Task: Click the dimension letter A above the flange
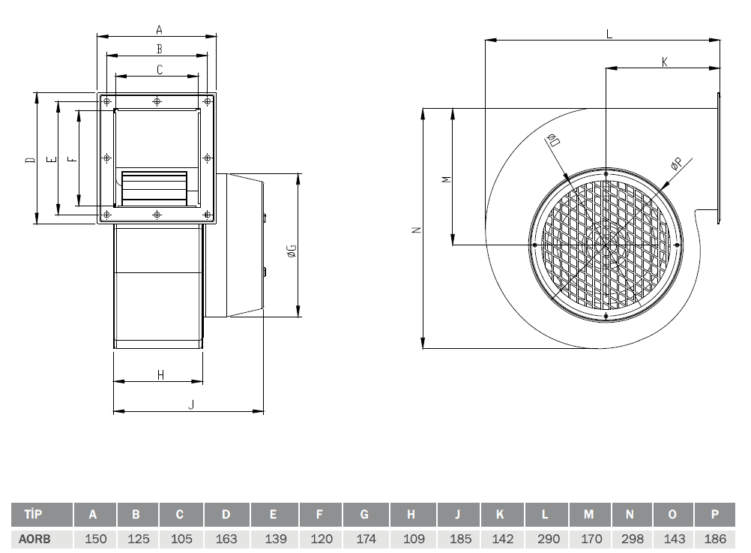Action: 160,30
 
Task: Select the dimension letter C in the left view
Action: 160,70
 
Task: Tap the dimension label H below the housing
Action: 160,375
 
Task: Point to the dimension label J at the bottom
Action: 191,404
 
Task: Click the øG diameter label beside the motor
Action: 292,251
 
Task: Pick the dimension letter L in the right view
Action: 609,34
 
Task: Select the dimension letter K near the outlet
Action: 664,62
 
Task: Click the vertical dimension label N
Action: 417,230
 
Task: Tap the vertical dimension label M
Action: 447,179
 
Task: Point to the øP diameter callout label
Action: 676,164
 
